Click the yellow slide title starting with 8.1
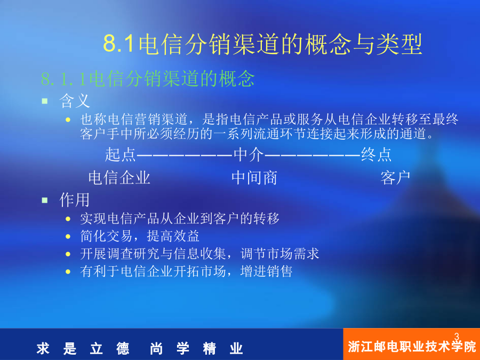[262, 44]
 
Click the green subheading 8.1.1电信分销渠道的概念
[148, 79]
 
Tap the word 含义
[74, 101]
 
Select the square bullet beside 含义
[45, 101]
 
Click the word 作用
[74, 200]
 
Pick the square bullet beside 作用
[45, 200]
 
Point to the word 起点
[121, 154]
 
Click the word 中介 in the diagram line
[249, 154]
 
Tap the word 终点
[376, 154]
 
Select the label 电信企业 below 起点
[119, 178]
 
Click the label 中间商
[254, 178]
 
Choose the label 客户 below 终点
[395, 178]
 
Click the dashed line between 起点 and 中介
[185, 155]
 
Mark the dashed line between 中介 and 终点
[313, 155]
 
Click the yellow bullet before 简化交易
[68, 236]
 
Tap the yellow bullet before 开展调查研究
[68, 254]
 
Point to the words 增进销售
[266, 271]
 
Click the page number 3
[457, 337]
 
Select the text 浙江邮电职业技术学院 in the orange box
[412, 347]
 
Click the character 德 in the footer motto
[123, 349]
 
